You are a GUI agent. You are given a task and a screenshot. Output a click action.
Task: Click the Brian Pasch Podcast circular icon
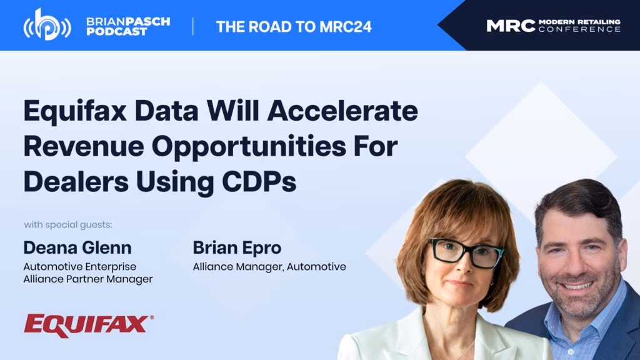(47, 26)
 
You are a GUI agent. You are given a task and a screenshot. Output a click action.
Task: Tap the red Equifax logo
(89, 326)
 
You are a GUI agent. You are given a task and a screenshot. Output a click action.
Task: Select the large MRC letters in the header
(511, 26)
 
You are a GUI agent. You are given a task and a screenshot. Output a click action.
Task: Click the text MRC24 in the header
(346, 27)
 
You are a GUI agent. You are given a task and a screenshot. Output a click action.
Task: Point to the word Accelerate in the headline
(342, 111)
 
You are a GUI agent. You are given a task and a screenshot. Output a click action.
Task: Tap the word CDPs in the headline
(259, 182)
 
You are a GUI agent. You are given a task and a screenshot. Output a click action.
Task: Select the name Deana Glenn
(77, 247)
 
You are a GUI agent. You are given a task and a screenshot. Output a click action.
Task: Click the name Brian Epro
(237, 247)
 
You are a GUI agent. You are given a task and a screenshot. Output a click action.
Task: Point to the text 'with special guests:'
(67, 225)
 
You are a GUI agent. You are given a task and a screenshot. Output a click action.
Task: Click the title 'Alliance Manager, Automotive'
(269, 267)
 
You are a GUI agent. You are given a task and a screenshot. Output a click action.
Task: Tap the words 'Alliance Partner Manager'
(88, 279)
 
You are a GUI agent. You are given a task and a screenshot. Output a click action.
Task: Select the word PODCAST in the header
(117, 32)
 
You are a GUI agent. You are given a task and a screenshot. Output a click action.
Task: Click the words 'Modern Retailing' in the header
(579, 22)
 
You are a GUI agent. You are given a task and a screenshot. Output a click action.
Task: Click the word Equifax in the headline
(75, 111)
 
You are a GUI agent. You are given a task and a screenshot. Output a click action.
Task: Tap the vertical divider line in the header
(192, 26)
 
